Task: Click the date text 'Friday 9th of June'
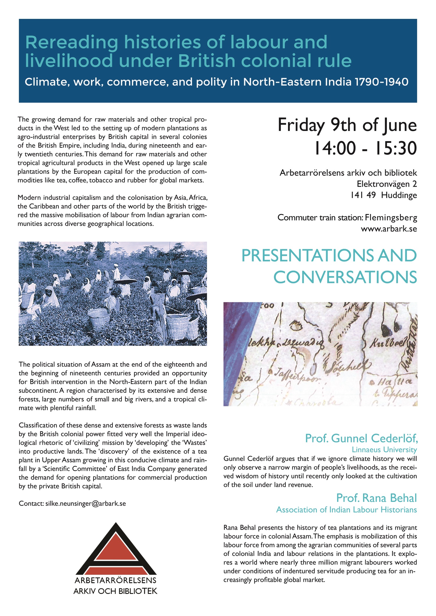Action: click(347, 125)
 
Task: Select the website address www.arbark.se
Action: click(389, 229)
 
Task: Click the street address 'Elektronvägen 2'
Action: click(387, 184)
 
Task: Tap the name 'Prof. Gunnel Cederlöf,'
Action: click(361, 438)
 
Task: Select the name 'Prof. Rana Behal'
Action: click(376, 498)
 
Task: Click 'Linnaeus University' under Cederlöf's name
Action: click(384, 450)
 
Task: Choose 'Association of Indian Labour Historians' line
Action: click(346, 510)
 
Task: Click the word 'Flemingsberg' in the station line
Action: click(391, 218)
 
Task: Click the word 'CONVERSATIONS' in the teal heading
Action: click(345, 277)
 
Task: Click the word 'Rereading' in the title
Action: click(72, 42)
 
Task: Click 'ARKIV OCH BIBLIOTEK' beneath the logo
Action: click(115, 591)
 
